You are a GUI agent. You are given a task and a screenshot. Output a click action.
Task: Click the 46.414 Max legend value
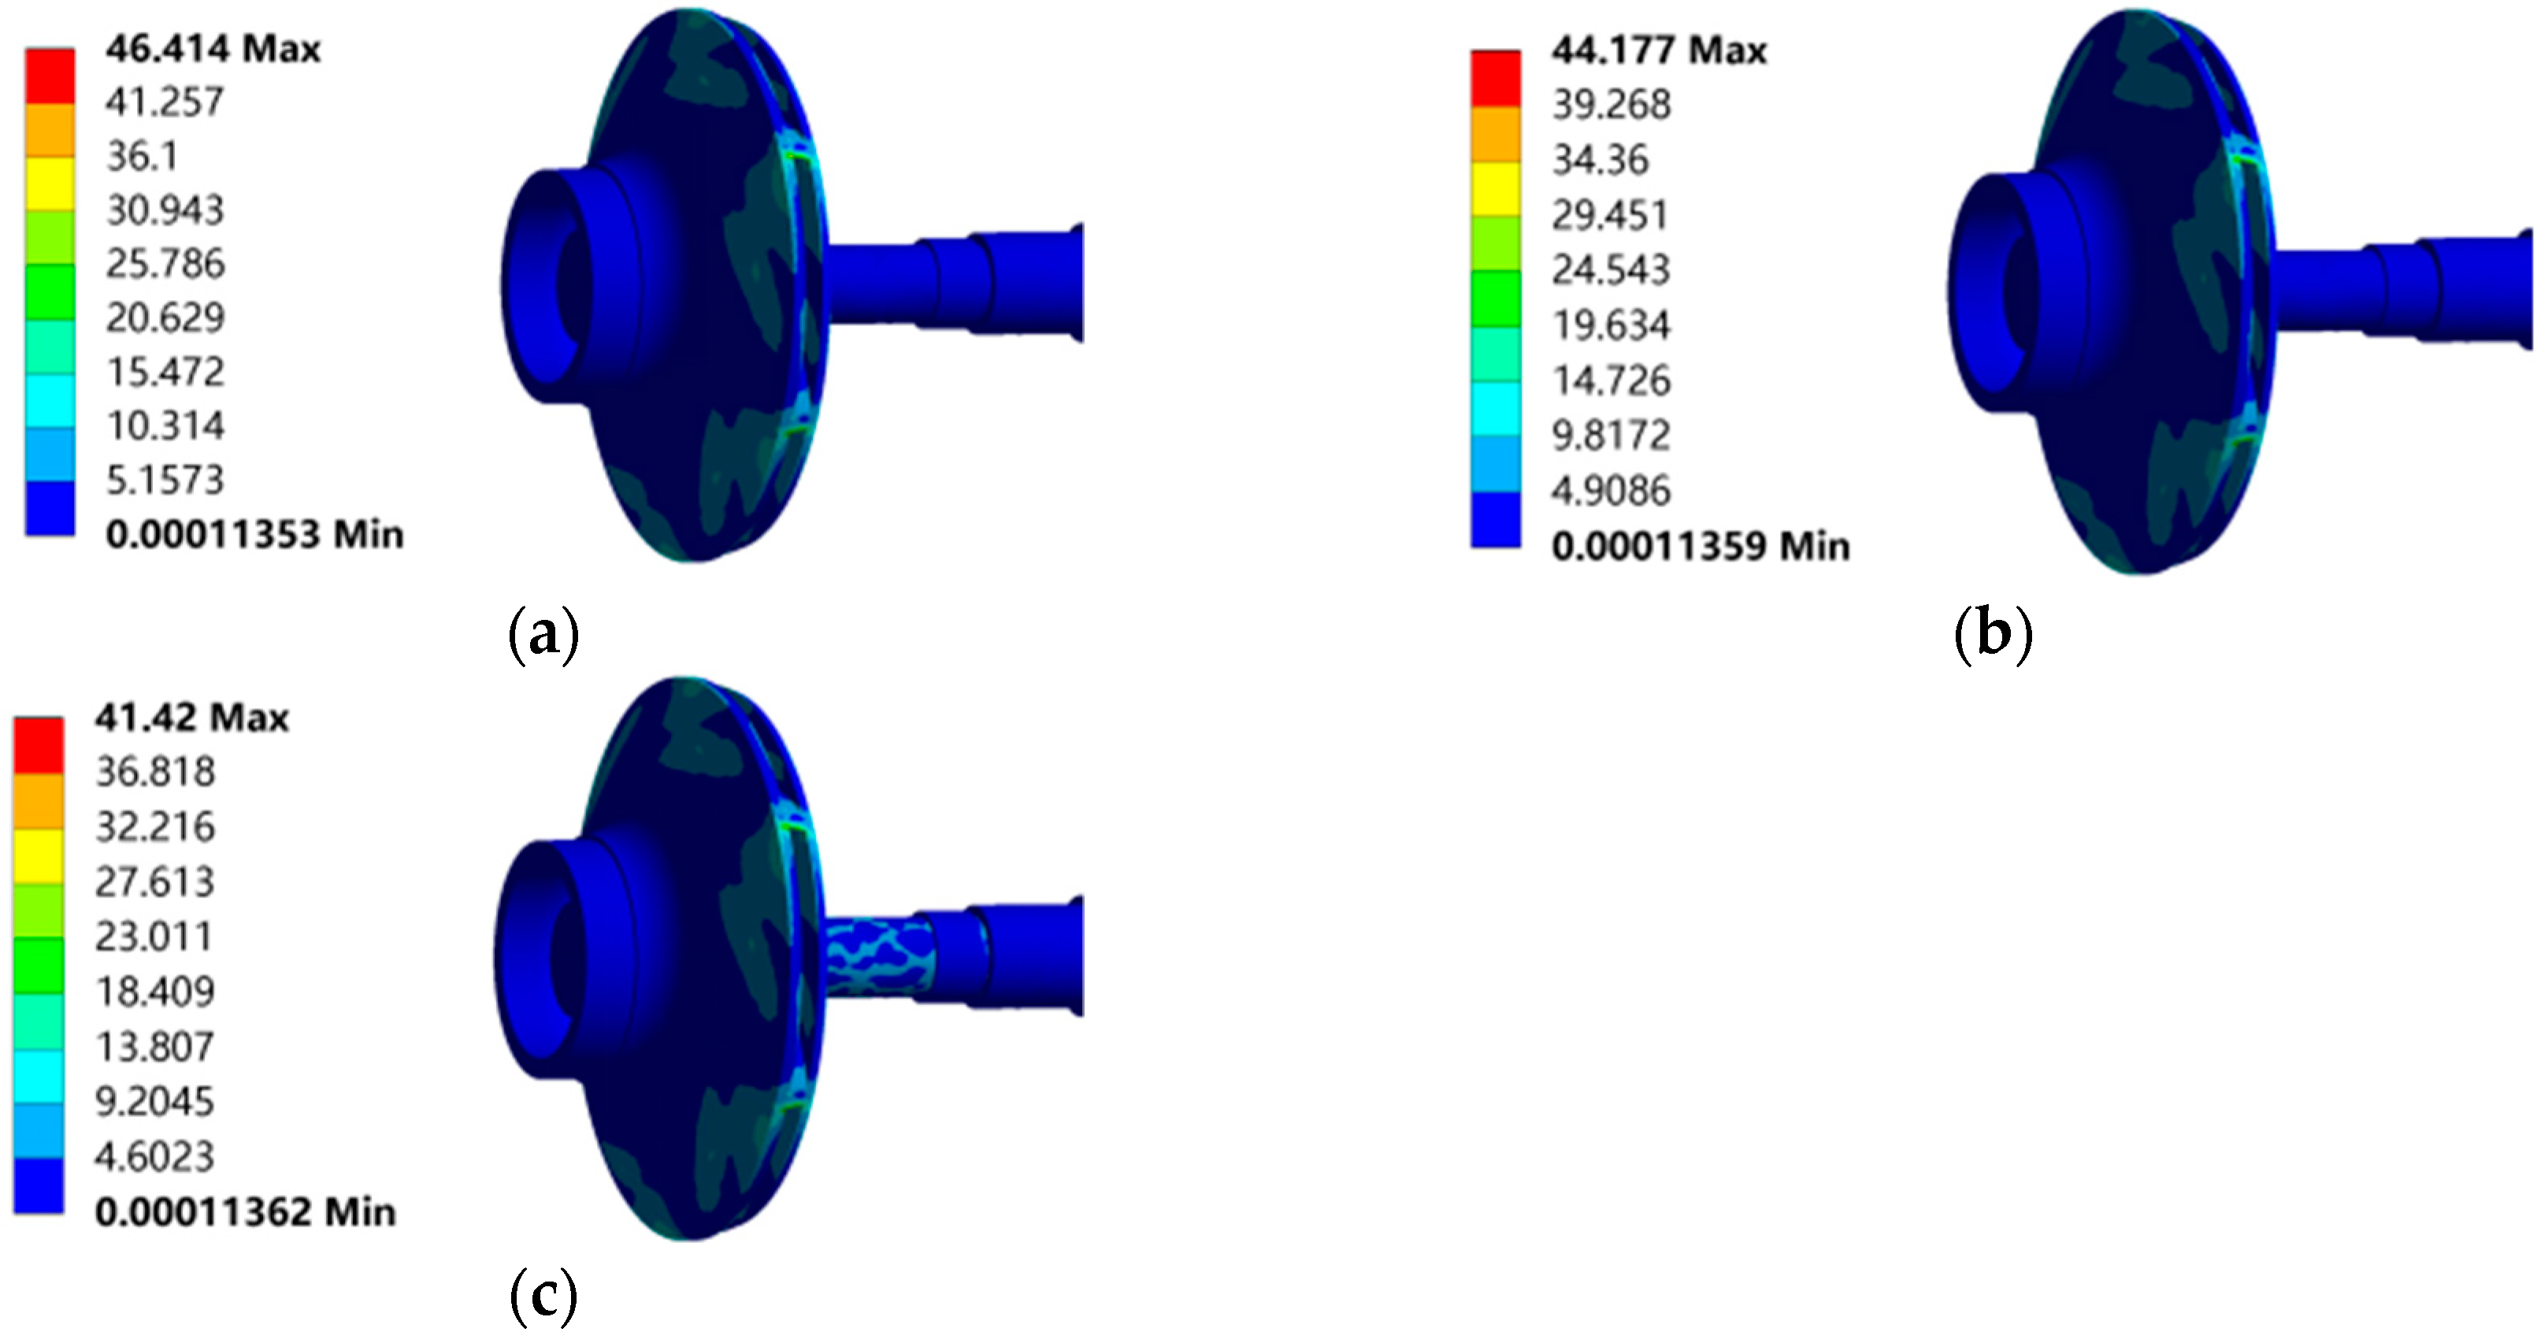[x=213, y=49]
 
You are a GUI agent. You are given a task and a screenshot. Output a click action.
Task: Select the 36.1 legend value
[x=143, y=156]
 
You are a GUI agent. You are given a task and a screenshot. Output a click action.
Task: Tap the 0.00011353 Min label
[x=254, y=535]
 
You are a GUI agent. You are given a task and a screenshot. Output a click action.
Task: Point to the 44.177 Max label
[x=1659, y=50]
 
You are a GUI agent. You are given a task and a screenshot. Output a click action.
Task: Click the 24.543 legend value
[x=1610, y=270]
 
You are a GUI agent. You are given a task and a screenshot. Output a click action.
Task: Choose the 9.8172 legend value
[x=1610, y=435]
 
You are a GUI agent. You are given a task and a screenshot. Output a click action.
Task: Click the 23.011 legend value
[x=154, y=937]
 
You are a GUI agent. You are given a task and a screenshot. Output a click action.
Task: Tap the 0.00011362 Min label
[x=245, y=1212]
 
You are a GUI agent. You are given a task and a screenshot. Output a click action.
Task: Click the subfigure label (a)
[x=543, y=635]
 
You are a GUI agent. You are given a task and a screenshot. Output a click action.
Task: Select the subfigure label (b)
[x=1993, y=635]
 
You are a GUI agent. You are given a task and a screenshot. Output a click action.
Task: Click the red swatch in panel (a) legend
[x=50, y=75]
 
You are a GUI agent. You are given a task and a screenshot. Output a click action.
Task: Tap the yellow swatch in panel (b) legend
[x=1496, y=188]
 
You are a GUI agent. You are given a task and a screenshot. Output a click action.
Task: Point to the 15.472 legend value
[x=165, y=373]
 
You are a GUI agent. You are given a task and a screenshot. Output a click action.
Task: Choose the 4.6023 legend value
[x=154, y=1156]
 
